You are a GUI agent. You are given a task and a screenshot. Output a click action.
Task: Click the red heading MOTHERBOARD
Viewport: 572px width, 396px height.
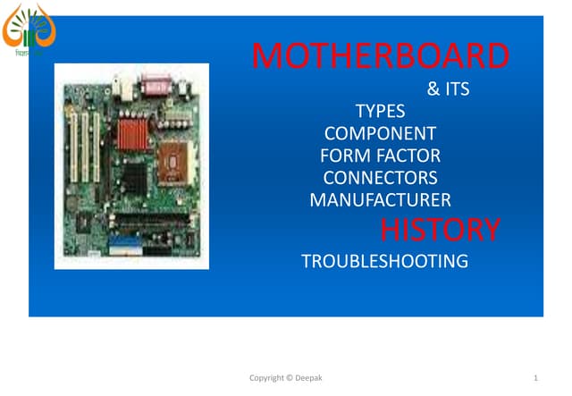(381, 56)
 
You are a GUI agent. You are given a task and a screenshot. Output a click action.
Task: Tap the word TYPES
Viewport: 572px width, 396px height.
(380, 112)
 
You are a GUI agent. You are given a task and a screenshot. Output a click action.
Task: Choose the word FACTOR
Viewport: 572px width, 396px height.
(409, 156)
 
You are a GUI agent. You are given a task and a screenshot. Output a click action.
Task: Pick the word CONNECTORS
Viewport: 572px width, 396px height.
(380, 178)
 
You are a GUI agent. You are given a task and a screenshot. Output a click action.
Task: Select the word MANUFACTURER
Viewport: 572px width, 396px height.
(380, 200)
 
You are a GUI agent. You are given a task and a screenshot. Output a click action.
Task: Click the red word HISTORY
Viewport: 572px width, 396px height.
(440, 230)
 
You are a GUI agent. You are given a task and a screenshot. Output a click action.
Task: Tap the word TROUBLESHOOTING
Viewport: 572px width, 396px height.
(384, 261)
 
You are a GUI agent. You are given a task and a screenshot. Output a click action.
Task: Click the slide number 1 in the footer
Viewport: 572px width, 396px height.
(534, 379)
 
